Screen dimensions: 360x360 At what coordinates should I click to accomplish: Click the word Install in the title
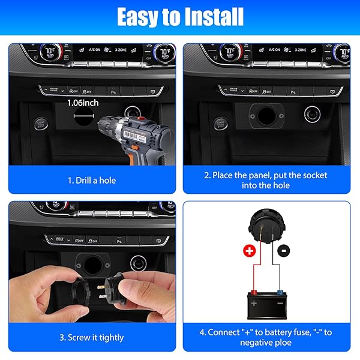click(207, 16)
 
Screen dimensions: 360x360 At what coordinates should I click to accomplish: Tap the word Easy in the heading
click(140, 16)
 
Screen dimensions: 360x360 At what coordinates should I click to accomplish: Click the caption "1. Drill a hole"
click(92, 180)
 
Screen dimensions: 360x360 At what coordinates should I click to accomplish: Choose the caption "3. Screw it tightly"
click(92, 337)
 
